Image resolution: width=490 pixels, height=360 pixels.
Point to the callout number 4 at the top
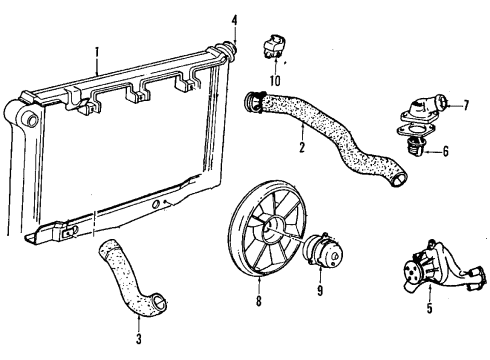pos(233,19)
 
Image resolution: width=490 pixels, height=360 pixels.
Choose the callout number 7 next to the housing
pos(465,103)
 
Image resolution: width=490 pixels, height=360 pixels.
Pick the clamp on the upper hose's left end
pos(254,99)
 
